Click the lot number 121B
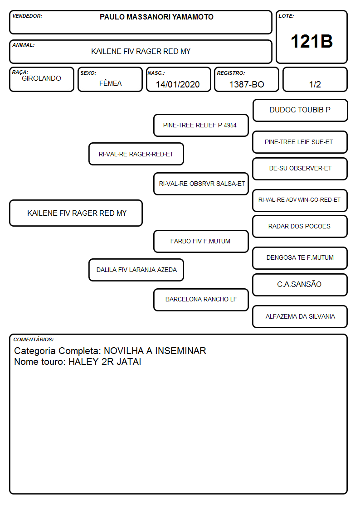311,41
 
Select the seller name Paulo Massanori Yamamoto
156,17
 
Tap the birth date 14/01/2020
178,84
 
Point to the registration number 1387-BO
247,84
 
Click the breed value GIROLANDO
41,78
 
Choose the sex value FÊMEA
110,83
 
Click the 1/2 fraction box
315,79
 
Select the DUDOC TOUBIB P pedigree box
300,111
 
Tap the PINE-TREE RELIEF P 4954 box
201,125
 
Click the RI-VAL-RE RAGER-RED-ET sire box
136,154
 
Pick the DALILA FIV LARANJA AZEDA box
136,270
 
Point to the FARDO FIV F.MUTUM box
201,242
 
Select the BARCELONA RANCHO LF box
201,300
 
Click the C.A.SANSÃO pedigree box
300,285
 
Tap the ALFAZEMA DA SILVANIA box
300,316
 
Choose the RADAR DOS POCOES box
300,226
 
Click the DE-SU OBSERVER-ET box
300,169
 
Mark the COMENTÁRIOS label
34,339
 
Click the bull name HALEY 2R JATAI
105,362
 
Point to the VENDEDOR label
27,16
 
